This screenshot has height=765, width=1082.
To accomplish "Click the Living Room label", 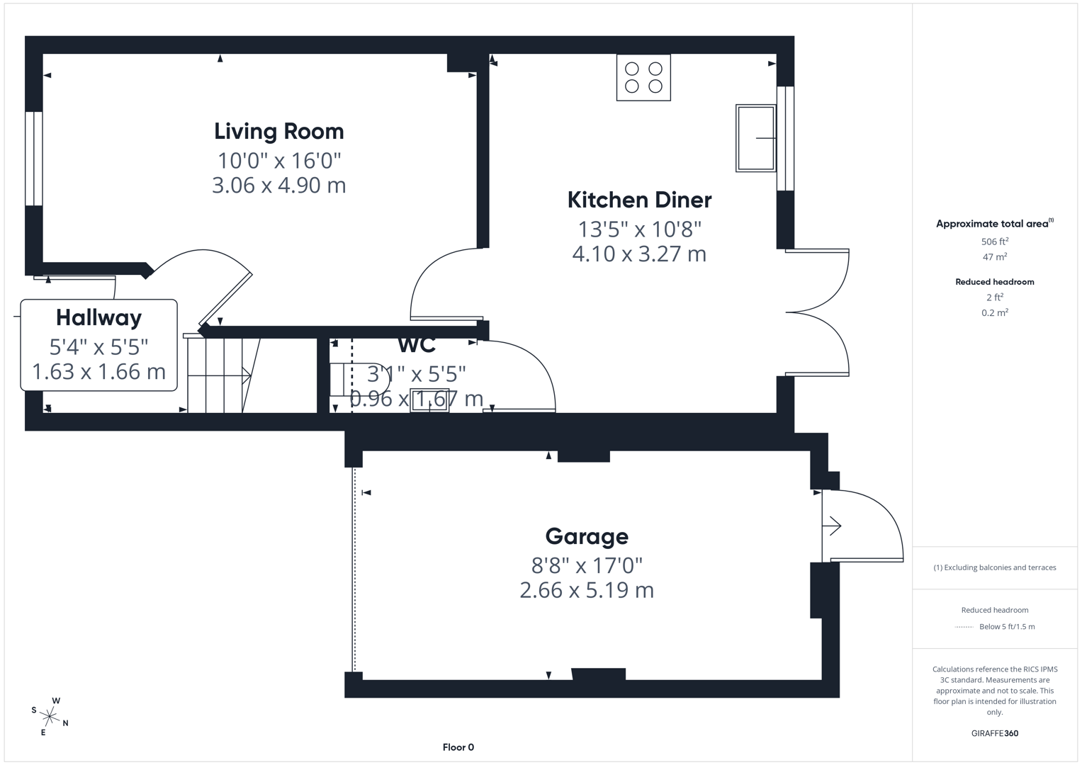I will tap(278, 131).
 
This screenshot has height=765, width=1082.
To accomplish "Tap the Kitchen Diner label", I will tap(639, 200).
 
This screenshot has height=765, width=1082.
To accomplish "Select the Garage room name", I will tap(587, 536).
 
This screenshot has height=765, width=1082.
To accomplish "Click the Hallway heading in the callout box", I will tap(98, 317).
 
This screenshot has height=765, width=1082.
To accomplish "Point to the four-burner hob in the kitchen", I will tap(643, 78).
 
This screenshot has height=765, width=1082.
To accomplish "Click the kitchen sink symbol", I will tap(755, 138).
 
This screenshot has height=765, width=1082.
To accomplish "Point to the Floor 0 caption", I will tap(458, 747).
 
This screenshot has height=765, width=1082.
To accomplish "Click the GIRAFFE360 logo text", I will tap(994, 733).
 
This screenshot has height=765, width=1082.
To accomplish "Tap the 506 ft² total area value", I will tap(994, 242).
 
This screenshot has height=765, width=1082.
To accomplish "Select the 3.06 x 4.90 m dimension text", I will tap(278, 186).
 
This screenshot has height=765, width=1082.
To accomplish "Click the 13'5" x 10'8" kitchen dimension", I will tap(639, 229).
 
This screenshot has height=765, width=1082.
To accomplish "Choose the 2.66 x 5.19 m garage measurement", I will tap(587, 590).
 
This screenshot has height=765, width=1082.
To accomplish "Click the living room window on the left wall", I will tap(34, 159).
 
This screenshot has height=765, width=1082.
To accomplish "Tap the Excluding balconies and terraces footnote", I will tap(994, 567).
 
